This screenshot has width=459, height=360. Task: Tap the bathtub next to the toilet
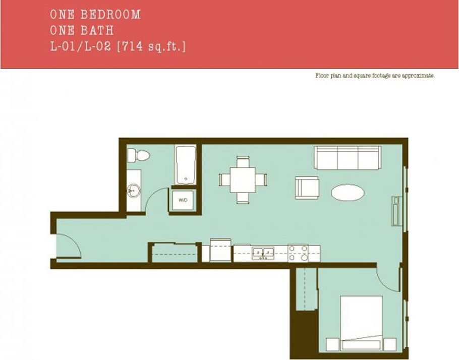tap(186, 164)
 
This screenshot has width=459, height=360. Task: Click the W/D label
tap(183, 201)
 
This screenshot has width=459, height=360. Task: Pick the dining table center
tap(243, 179)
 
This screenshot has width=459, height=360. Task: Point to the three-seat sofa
tap(347, 158)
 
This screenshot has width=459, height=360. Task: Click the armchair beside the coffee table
tap(307, 187)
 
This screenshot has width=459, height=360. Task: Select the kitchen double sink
tap(263, 252)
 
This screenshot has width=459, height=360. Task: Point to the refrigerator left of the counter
tap(220, 251)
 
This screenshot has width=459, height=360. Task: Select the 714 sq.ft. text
tap(151, 47)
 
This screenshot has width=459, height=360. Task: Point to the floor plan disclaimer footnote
tap(374, 76)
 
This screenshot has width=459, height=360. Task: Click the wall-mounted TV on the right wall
tap(396, 211)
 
